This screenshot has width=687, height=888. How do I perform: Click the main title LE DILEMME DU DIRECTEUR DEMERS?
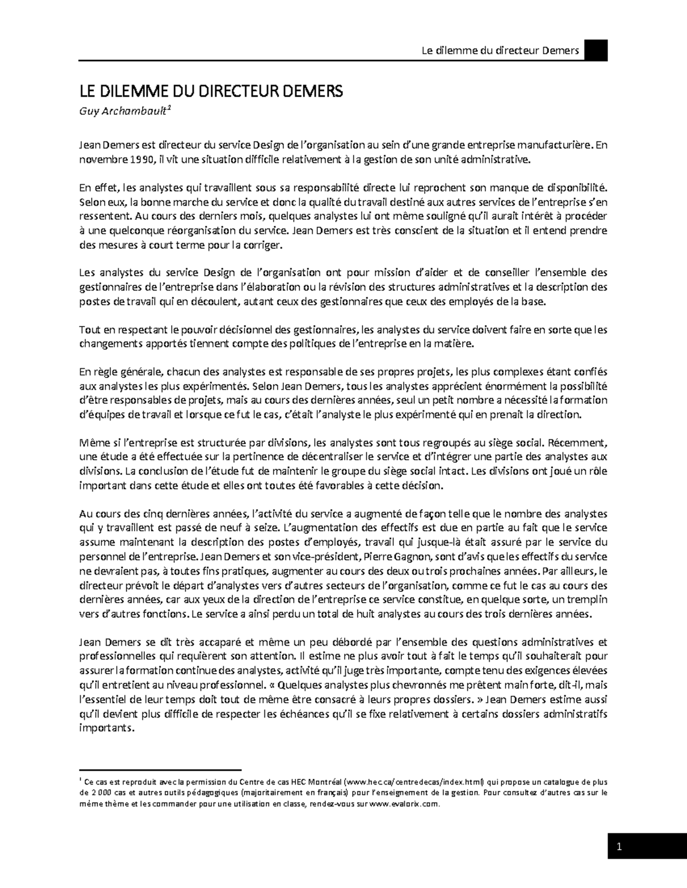click(210, 91)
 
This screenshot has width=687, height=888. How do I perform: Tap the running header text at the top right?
click(500, 51)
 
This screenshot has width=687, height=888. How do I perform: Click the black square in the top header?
click(595, 50)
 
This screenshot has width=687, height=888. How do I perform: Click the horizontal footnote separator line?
click(161, 770)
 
